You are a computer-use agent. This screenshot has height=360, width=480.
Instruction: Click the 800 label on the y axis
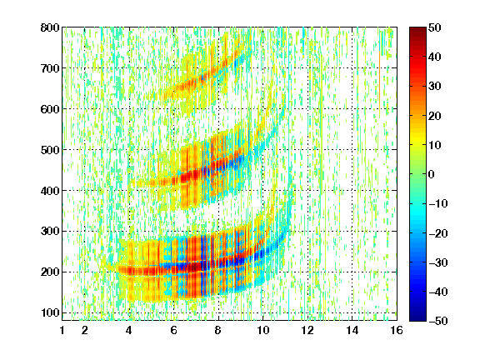point(50,27)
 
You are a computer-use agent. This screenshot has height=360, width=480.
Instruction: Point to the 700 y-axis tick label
point(50,68)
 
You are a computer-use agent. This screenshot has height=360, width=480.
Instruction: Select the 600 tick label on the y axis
point(50,109)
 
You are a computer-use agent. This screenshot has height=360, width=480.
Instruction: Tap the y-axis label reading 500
point(50,150)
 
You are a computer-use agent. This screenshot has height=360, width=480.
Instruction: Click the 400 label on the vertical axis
point(50,191)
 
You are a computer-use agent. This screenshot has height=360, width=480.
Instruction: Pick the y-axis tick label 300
point(50,232)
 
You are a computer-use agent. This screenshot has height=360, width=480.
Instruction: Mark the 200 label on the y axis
point(50,272)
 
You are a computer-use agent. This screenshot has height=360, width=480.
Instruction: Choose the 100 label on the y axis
point(50,312)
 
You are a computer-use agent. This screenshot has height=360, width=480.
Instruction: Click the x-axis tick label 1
point(62,330)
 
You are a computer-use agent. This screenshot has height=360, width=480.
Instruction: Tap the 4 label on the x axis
point(129,330)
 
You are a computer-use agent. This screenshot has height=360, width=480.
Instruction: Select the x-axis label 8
point(218,330)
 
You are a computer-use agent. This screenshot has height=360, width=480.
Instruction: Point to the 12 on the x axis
point(307,330)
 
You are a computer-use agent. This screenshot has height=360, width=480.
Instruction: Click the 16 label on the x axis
point(397,330)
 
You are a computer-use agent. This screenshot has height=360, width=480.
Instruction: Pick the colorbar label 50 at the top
point(435,27)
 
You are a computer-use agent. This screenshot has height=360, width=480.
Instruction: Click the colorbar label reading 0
point(432,174)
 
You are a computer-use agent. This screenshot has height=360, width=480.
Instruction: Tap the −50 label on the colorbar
point(438,321)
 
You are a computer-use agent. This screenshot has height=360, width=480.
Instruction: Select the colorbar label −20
point(438,233)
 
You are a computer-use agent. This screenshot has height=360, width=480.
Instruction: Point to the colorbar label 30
point(435,87)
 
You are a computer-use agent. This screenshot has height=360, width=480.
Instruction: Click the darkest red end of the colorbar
point(417,28)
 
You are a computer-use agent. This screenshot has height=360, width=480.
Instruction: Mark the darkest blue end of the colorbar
point(417,320)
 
